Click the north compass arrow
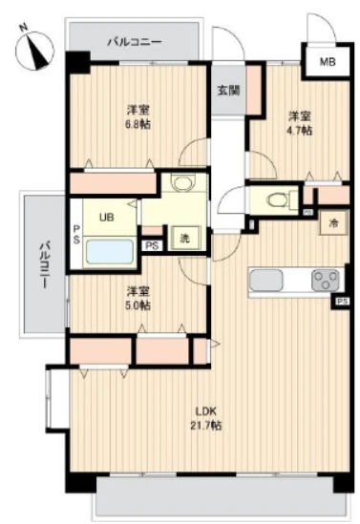(x=35, y=48)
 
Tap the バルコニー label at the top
(x=134, y=42)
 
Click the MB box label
(x=327, y=64)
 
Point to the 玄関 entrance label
(x=228, y=91)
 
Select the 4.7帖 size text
(x=300, y=130)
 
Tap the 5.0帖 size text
(x=138, y=304)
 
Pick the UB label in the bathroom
(x=105, y=217)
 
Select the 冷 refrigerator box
(x=333, y=222)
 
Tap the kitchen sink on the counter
(x=268, y=281)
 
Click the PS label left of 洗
(x=151, y=245)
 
